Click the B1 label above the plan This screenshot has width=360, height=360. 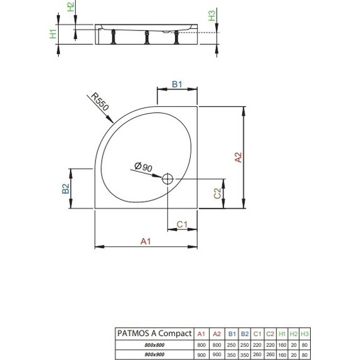177,85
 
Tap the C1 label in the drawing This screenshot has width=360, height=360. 182,224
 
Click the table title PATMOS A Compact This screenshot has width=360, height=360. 152,333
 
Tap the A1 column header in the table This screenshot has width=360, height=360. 201,333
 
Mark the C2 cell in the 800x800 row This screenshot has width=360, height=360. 270,344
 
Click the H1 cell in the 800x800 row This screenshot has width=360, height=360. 282,344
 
